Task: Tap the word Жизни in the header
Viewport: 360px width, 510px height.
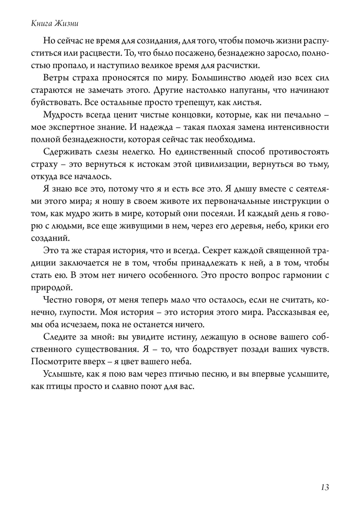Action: pos(67,24)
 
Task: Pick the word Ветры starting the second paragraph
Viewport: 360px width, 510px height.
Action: pos(54,78)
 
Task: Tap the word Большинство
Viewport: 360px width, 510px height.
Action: pos(217,78)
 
